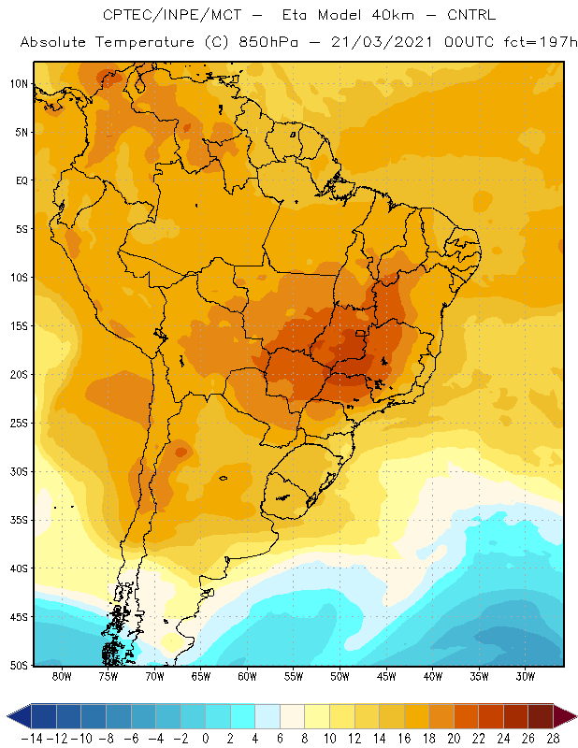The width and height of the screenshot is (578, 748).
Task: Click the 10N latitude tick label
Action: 19,84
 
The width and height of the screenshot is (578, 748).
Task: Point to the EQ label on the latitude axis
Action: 22,180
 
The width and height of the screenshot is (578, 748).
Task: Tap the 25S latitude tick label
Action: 19,424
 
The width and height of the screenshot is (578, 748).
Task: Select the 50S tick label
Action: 19,666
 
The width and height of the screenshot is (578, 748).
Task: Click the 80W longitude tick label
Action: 62,676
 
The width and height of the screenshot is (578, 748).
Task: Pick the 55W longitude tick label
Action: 294,676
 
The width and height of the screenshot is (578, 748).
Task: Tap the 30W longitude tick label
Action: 525,676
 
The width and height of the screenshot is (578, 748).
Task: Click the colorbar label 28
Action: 553,739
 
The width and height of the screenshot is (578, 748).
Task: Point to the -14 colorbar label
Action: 32,739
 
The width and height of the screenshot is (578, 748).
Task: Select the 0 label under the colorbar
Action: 205,739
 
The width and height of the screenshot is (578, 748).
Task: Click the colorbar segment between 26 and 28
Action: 541,716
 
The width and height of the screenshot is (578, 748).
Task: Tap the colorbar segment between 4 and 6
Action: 267,716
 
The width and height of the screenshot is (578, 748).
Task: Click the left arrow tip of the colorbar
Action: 7,716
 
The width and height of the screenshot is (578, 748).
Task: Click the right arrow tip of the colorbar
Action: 576,716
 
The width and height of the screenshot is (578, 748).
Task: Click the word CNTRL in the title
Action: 471,15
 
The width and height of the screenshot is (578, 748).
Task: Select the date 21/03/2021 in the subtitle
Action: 382,42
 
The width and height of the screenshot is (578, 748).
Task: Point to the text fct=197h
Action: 541,42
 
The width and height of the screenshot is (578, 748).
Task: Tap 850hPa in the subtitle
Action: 268,42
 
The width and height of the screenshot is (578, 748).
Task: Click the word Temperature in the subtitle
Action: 145,42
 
